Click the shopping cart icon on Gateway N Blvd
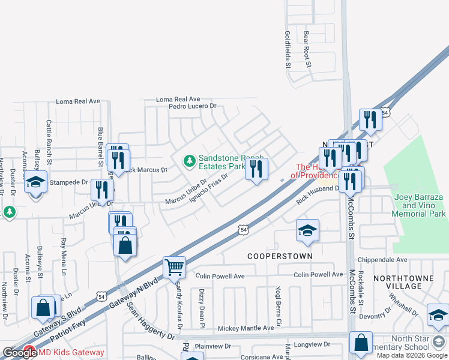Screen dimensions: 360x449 coord(174,268)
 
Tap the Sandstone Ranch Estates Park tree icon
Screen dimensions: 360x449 coord(190,160)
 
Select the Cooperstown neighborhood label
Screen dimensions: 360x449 coord(280,256)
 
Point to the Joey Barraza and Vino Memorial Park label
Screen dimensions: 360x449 coord(419,205)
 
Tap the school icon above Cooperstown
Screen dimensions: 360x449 coord(307,230)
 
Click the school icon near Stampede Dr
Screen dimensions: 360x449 coord(36,181)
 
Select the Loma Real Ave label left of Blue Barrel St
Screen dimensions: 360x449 coord(77,101)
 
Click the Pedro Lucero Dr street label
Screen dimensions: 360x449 coord(192,106)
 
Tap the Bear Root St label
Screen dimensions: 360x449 coord(307,49)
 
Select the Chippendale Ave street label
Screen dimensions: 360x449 coord(382,260)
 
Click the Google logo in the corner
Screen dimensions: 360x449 coord(19,353)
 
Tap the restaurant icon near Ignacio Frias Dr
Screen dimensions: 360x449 coord(256,169)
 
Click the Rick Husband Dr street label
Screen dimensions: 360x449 coord(318,194)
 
